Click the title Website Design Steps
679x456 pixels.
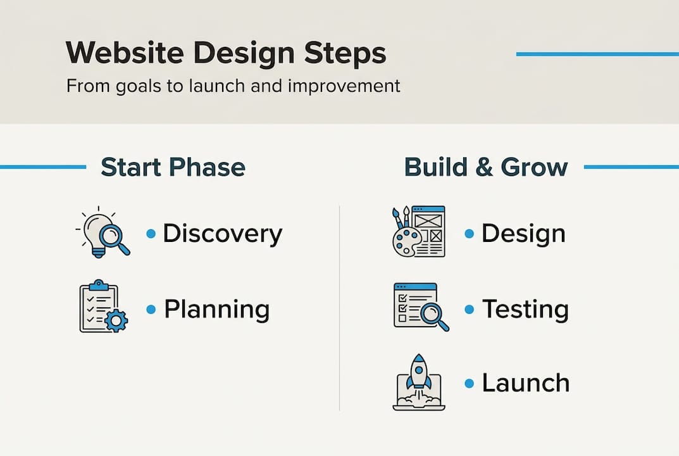click(225, 54)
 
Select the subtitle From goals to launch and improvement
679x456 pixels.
click(233, 85)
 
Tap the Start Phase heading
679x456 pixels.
click(173, 167)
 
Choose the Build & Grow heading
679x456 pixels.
click(485, 167)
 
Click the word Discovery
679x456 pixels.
click(222, 234)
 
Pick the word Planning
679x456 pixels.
click(216, 310)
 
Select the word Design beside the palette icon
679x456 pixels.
click(523, 234)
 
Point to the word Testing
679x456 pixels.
click(525, 309)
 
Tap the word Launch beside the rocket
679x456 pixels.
click(525, 383)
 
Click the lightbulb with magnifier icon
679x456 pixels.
click(103, 232)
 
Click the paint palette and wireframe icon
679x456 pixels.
click(418, 232)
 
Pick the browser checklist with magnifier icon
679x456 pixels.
click(420, 307)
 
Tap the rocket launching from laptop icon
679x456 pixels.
click(418, 383)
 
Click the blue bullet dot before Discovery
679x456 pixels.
click(151, 234)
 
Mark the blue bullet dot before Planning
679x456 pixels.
click(151, 309)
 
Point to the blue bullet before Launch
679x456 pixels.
click(469, 383)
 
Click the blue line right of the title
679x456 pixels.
click(597, 54)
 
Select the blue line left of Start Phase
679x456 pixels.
click(42, 167)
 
